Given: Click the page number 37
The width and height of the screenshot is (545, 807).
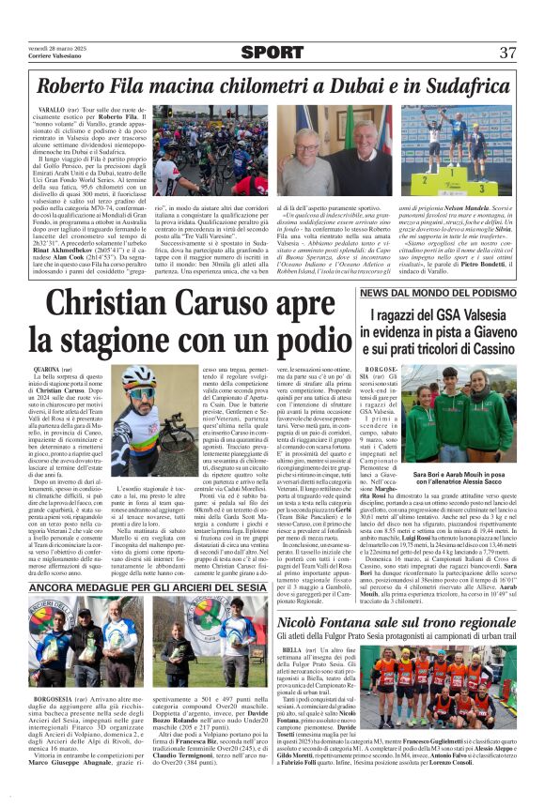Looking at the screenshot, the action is [x=507, y=53].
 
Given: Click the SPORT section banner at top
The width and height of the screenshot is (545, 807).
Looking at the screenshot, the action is [x=272, y=53].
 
